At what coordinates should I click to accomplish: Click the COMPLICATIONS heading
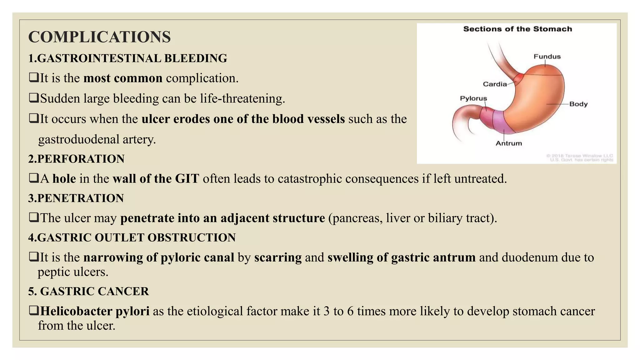[x=99, y=37]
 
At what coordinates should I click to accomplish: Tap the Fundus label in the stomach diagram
[x=547, y=57]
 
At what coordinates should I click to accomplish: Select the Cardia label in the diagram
[x=495, y=84]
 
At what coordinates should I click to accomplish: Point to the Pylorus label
[x=473, y=98]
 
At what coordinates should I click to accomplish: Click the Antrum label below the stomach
[x=509, y=143]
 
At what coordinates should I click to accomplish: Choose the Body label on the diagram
[x=578, y=104]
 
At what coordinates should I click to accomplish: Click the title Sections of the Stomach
[x=517, y=29]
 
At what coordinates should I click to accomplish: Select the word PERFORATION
[x=81, y=159]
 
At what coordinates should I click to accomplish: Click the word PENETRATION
[x=80, y=198]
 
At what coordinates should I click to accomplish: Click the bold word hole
[x=64, y=179]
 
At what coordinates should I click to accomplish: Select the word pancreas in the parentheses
[x=357, y=218]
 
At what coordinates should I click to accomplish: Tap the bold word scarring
[x=278, y=257]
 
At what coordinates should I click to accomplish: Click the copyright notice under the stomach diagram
[x=580, y=158]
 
